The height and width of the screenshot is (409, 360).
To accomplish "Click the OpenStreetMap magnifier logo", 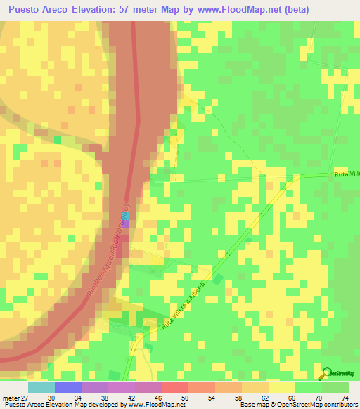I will [x=326, y=374].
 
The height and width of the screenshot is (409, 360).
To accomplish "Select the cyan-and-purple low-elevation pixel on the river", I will [x=127, y=228].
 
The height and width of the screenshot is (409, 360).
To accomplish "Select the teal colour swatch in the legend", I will [x=41, y=387].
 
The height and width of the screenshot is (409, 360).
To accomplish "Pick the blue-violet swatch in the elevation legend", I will [x=67, y=387].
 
